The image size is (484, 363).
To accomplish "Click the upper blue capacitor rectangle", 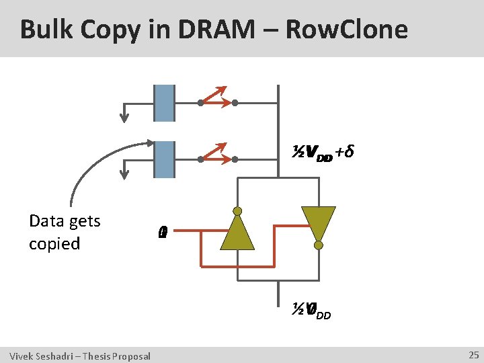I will (x=164, y=103).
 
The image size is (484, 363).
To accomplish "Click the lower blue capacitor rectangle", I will (x=164, y=159).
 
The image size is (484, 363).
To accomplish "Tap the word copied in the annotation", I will (x=54, y=243).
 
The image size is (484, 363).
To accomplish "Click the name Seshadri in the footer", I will (x=53, y=356).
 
